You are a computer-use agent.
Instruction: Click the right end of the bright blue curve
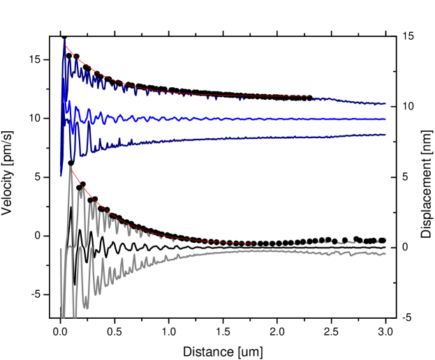[385, 119]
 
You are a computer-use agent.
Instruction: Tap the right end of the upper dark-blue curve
[385, 104]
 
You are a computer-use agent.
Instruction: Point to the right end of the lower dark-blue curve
[385, 135]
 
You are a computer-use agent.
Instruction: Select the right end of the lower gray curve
[385, 253]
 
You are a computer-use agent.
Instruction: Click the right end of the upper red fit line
[310, 96]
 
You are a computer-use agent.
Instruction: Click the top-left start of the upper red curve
[65, 46]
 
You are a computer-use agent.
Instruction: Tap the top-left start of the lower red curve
[71, 167]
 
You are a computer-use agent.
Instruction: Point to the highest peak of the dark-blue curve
[65, 40]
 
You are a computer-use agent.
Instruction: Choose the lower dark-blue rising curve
[209, 140]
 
